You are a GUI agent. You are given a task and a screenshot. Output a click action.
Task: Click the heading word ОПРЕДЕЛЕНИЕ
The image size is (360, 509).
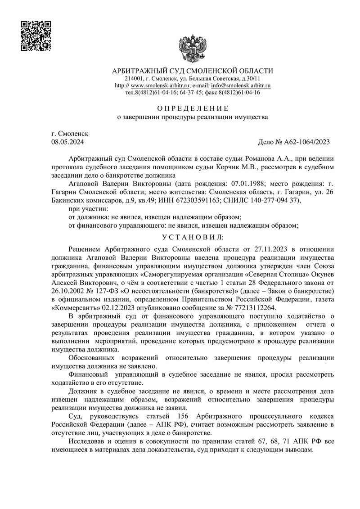pos(192,108)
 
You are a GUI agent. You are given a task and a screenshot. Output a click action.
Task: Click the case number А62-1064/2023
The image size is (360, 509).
pos(306,142)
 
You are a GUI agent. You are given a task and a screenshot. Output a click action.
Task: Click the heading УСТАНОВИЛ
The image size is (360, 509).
pos(192,237)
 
